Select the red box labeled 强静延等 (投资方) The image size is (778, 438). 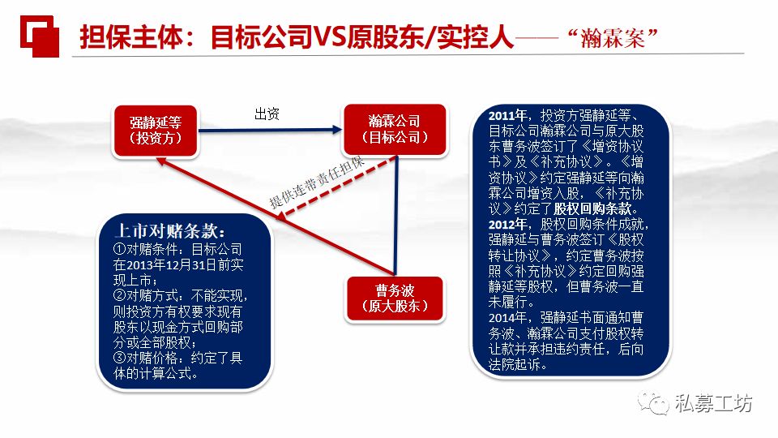[x=155, y=130]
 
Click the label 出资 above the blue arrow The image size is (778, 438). [x=267, y=114]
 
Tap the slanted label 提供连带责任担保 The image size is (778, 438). [x=318, y=183]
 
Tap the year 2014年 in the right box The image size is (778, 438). [x=507, y=316]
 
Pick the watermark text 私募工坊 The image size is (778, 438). [x=713, y=403]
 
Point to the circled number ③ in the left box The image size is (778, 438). [x=119, y=357]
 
